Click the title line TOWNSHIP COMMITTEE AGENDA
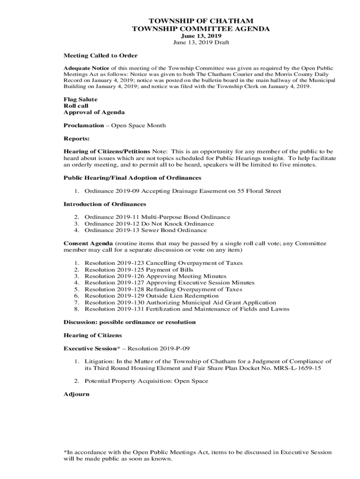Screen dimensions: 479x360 (x=201, y=29)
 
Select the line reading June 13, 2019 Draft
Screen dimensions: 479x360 (x=201, y=43)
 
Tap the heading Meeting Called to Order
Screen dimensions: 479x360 (x=101, y=56)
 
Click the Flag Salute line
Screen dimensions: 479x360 (x=80, y=100)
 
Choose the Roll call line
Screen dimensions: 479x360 (x=76, y=106)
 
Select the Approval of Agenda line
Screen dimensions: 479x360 (x=94, y=113)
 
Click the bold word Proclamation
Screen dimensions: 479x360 (x=84, y=125)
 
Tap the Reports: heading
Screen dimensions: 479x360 (x=77, y=138)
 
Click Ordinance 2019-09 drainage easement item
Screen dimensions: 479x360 (x=183, y=191)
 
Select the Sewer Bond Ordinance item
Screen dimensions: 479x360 (x=145, y=230)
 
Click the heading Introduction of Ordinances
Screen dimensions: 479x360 (x=105, y=204)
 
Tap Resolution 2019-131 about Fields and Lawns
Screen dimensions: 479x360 (x=187, y=309)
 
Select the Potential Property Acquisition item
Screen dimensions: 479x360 (x=146, y=381)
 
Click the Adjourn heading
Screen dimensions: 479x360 (x=76, y=394)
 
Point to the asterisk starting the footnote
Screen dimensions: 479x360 (x=65, y=452)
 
